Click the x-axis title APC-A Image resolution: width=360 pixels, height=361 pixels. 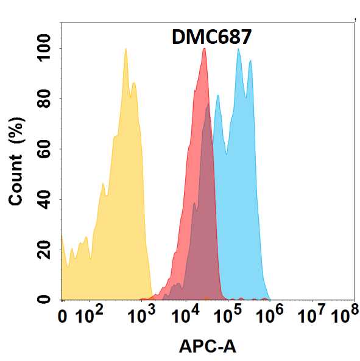207,346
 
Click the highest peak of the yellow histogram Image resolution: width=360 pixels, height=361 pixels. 125,49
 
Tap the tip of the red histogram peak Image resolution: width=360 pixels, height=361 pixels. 204,49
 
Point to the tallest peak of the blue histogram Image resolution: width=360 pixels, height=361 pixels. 238,49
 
